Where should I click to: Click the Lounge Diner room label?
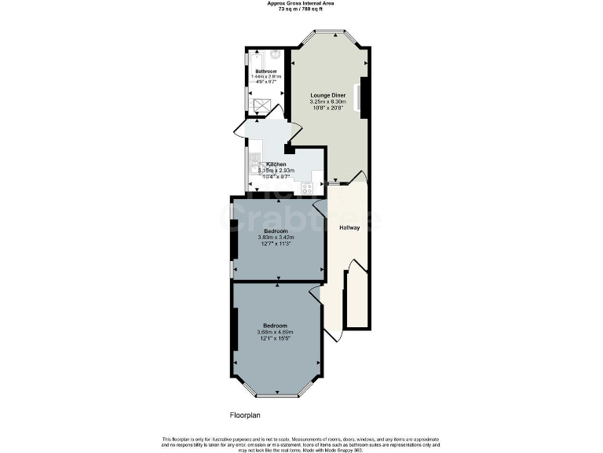(327, 94)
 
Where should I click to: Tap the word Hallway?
(349, 228)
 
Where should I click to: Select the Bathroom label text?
(265, 71)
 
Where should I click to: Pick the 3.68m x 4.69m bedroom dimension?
(275, 332)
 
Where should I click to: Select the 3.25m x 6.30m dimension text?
(327, 101)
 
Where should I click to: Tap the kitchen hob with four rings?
(307, 187)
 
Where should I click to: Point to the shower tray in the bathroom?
(260, 103)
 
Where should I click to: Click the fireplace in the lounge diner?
(364, 96)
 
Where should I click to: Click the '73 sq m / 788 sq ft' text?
(301, 9)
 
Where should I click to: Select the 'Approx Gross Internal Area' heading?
(301, 3)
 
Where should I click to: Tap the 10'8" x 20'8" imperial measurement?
(327, 108)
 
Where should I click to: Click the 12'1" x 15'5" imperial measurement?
(275, 338)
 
